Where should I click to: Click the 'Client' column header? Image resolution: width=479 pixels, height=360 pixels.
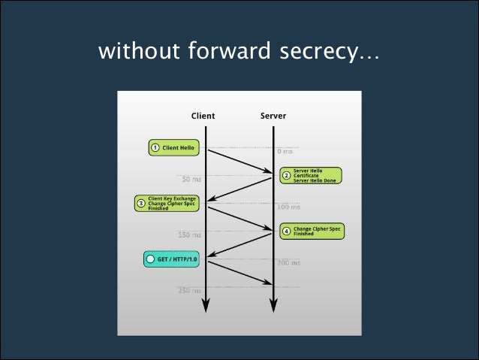pos(203,116)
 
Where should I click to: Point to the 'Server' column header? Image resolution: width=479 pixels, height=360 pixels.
pos(273,116)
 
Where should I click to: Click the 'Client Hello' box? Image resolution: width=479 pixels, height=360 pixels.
pos(173,148)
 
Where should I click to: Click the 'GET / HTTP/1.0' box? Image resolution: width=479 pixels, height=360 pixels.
pos(171,260)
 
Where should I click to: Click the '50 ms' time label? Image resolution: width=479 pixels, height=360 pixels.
pos(191,180)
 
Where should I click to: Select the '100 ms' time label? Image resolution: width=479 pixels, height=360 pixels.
pos(288,207)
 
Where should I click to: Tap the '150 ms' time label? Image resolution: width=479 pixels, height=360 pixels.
pos(189,235)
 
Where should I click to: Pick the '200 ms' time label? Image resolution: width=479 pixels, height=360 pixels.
pos(288,263)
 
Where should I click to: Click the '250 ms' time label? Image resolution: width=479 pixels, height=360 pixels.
pos(189,291)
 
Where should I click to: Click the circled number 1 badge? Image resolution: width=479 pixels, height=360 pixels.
pos(155,148)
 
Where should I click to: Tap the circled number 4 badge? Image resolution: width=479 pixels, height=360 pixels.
pos(286,231)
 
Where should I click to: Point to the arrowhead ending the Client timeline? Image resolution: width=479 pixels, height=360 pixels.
pos(204,304)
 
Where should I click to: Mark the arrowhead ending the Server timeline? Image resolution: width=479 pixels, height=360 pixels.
pos(273,304)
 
